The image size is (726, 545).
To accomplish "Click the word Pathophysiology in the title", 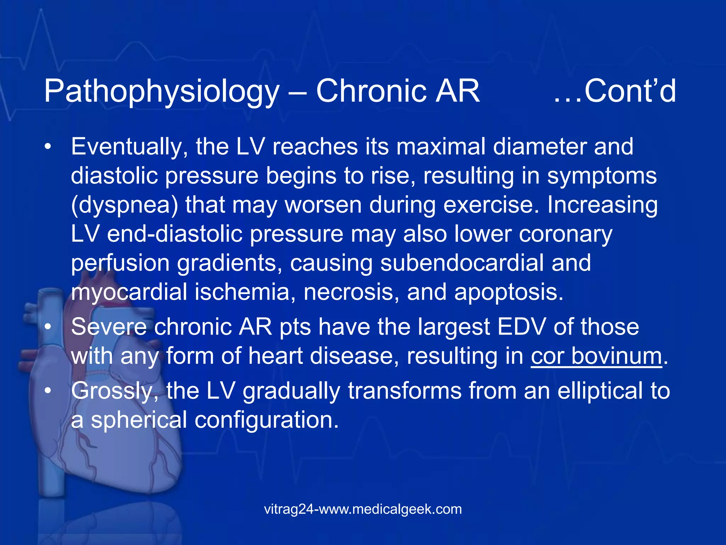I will pos(162,92).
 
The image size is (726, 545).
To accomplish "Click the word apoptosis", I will pos(508,293).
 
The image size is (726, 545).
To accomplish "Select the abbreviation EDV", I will pos(521,327).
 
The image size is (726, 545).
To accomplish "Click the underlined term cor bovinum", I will pos(596,356).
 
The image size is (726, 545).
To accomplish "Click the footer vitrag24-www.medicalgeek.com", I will pos(363,509).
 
